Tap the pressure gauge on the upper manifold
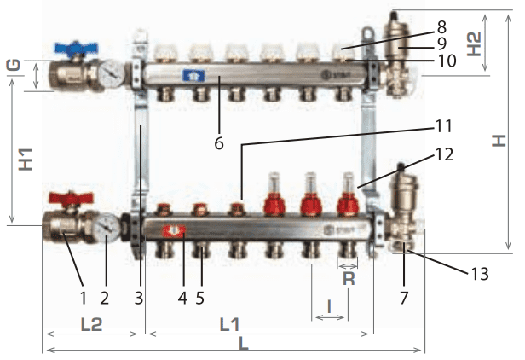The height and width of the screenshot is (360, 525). point(109,74)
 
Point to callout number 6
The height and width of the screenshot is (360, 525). point(219,143)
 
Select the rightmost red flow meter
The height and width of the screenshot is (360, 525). point(346,205)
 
